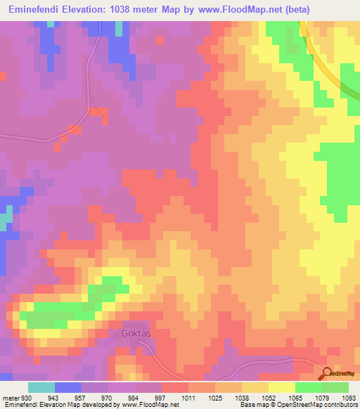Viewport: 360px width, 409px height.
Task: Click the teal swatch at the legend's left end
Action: [x=41, y=388]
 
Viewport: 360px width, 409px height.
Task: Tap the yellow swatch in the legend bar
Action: [x=281, y=388]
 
